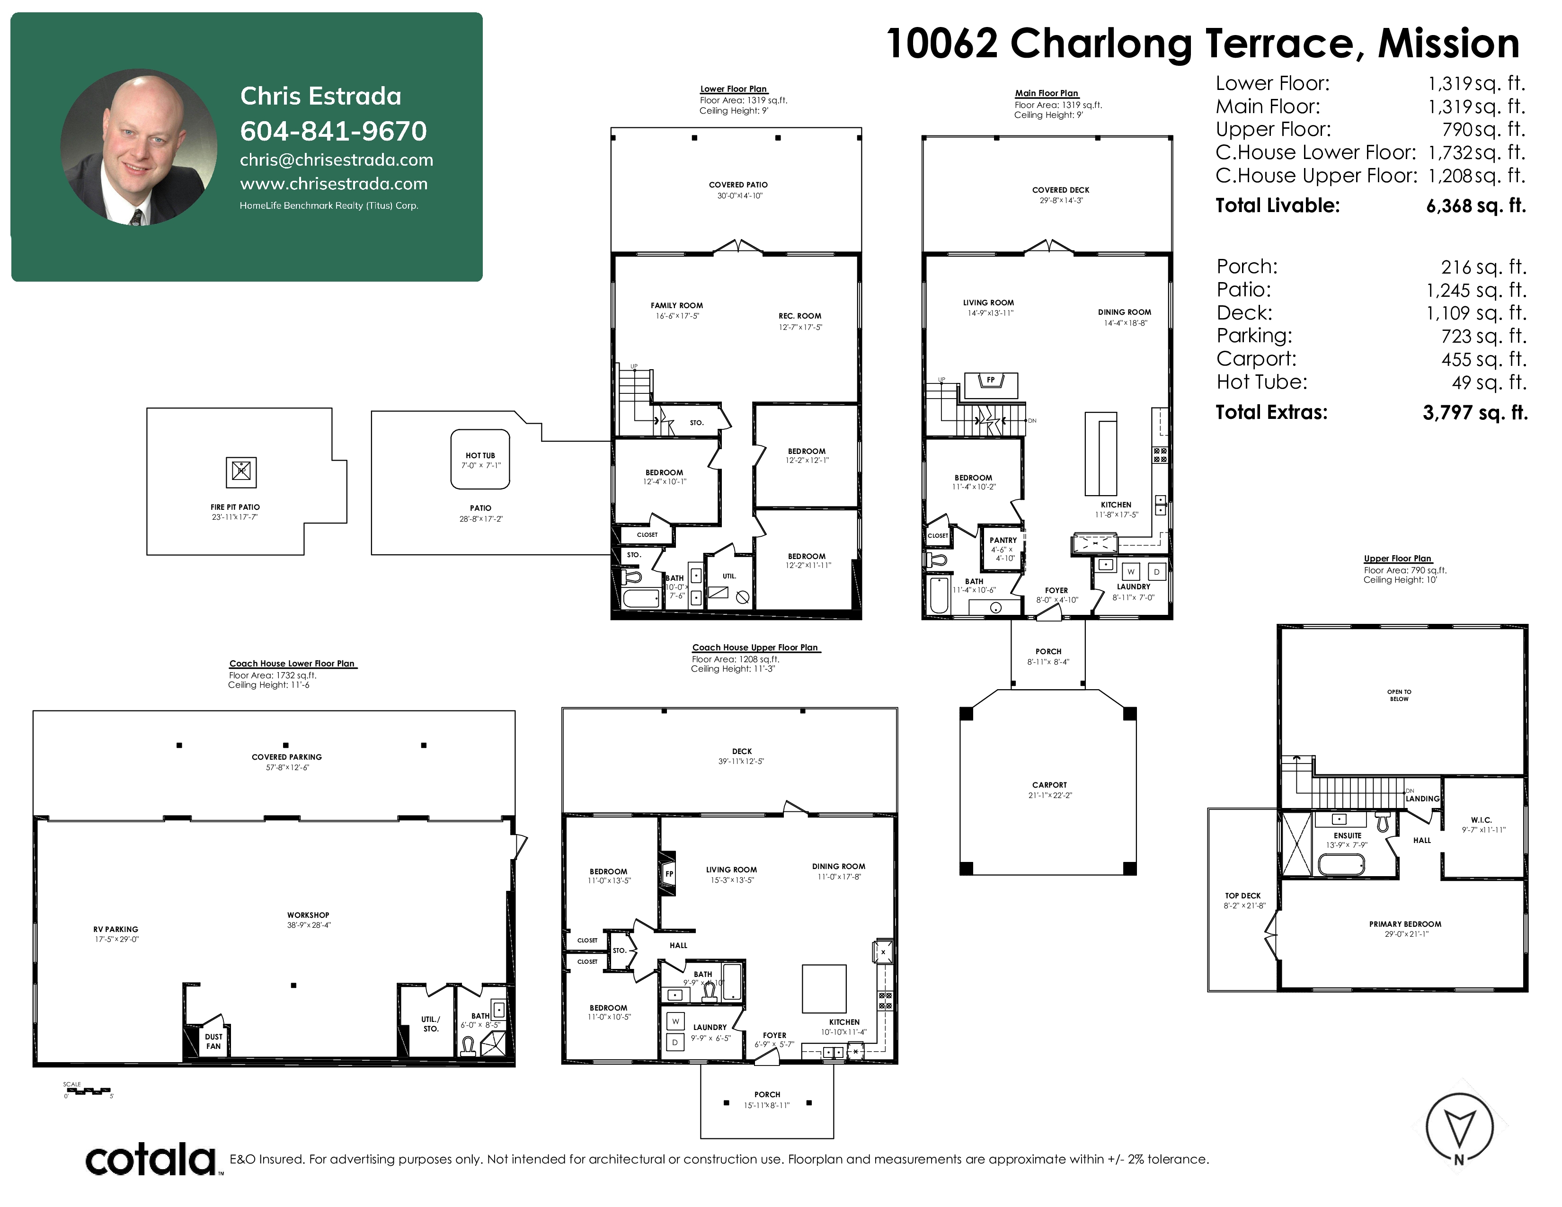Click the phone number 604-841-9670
(333, 131)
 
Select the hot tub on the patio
(480, 459)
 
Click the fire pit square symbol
(241, 471)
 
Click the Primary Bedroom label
(1405, 924)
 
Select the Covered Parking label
(287, 756)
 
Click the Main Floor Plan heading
(1047, 93)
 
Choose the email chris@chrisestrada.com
(336, 160)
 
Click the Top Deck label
(1243, 895)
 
